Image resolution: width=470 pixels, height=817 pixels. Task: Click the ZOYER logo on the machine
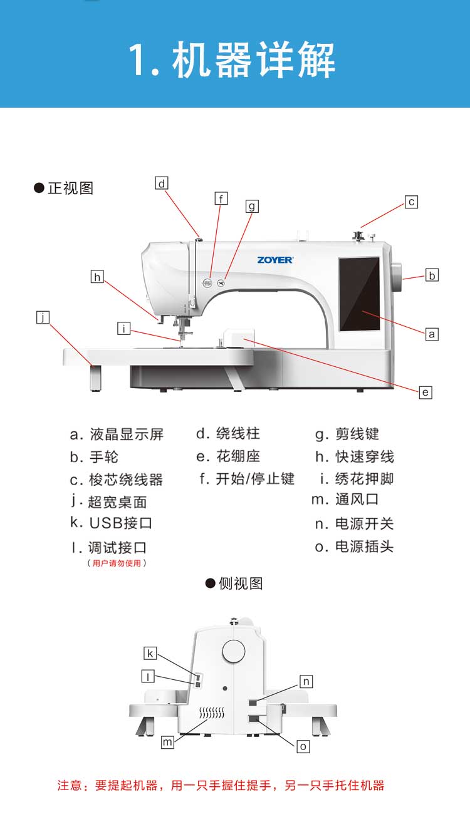coord(274,260)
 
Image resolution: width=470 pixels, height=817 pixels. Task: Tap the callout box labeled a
coord(432,334)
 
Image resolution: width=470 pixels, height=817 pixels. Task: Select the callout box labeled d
coord(162,183)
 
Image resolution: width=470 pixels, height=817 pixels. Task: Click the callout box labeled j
coord(42,317)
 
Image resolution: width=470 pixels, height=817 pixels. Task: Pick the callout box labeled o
coord(303,746)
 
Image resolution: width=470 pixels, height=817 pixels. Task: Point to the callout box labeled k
coord(150,654)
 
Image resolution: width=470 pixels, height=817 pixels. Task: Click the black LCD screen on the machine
coord(359,294)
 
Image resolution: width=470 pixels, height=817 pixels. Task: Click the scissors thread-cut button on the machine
coord(221,283)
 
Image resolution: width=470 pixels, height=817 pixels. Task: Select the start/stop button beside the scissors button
coord(207,283)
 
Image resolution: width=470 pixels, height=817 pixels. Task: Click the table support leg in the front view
coord(95,378)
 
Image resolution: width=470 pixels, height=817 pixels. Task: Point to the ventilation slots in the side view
coord(212,713)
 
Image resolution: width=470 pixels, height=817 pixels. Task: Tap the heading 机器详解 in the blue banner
coord(232,61)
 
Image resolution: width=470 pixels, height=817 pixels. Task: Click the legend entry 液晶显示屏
coord(126,434)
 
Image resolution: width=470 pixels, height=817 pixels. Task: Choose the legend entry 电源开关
coord(364,524)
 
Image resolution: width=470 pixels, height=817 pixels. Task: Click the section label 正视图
coord(70,188)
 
